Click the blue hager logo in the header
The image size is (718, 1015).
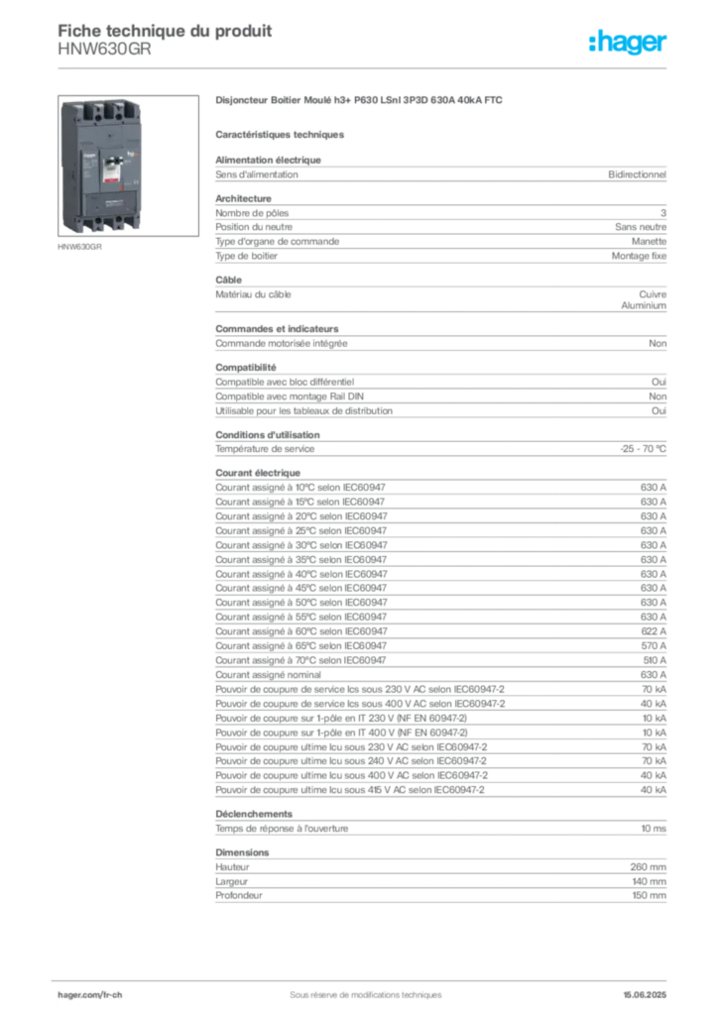pos(630,43)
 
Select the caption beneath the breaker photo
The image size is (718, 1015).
pos(79,248)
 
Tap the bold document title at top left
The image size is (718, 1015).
pos(164,28)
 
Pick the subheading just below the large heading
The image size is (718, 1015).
pos(282,134)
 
